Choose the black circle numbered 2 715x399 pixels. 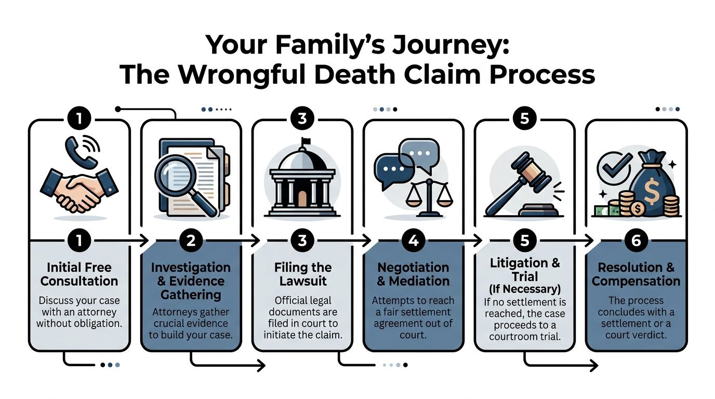coord(191,241)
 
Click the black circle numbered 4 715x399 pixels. coord(414,241)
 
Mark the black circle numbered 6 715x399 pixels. coord(637,241)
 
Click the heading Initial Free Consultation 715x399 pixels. coord(79,274)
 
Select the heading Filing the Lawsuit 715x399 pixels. coord(302,274)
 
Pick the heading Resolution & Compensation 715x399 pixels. coord(636,274)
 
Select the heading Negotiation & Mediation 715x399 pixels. coord(414,274)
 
